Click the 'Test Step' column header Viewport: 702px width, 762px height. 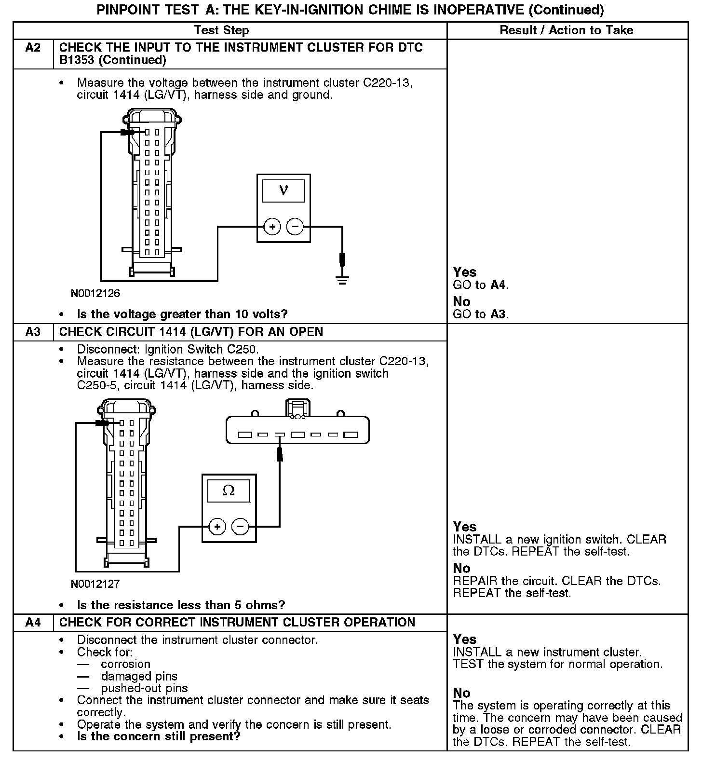pyautogui.click(x=221, y=30)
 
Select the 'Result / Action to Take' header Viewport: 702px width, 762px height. pyautogui.click(x=566, y=30)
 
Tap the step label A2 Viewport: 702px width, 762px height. pyautogui.click(x=33, y=48)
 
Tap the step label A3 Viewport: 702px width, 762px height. pyautogui.click(x=33, y=332)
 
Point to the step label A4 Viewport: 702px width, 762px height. pyautogui.click(x=33, y=623)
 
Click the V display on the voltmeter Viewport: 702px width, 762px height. pyautogui.click(x=283, y=190)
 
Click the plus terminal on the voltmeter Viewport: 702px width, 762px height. pyautogui.click(x=272, y=227)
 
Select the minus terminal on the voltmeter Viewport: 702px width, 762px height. pyautogui.click(x=295, y=227)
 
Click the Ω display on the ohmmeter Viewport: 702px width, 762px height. pyautogui.click(x=229, y=491)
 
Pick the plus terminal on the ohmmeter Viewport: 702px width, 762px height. pyautogui.click(x=217, y=526)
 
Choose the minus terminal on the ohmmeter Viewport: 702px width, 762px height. pyautogui.click(x=241, y=526)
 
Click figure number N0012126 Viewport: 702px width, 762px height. pyautogui.click(x=95, y=293)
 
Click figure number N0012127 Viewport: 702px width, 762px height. pyautogui.click(x=95, y=584)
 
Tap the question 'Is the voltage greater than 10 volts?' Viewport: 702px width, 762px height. pyautogui.click(x=182, y=314)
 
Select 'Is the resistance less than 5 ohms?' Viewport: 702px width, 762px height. pyautogui.click(x=181, y=605)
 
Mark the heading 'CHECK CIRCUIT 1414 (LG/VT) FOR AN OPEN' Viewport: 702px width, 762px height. pyautogui.click(x=191, y=332)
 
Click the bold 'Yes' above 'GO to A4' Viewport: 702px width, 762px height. pyautogui.click(x=464, y=272)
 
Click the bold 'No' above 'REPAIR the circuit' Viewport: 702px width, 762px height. pyautogui.click(x=461, y=568)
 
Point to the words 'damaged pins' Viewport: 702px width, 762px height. pyautogui.click(x=139, y=677)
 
